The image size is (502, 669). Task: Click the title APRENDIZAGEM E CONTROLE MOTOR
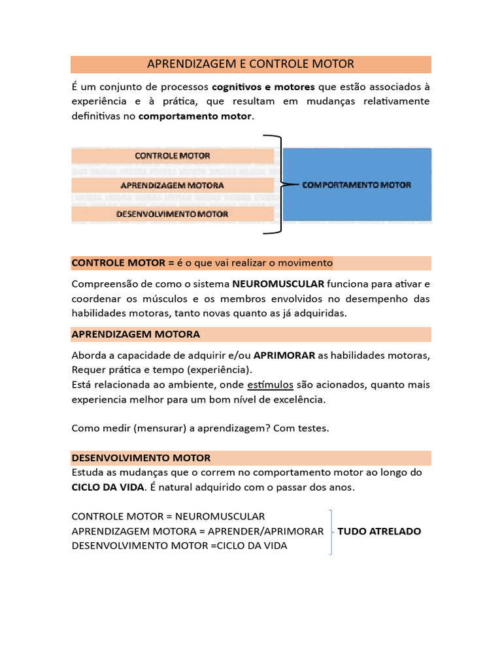coord(250,64)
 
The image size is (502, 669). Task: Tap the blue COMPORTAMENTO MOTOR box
coord(356,185)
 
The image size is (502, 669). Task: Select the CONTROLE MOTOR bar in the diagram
coord(173,155)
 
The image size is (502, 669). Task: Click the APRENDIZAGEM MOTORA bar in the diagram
coord(173,185)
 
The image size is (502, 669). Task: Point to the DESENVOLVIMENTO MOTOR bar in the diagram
coord(173,214)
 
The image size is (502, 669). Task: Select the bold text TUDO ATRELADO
coord(379,531)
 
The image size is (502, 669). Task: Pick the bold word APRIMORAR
coord(284,355)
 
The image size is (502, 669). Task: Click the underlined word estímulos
coord(271,383)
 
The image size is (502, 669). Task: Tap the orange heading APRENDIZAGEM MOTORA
coord(135,334)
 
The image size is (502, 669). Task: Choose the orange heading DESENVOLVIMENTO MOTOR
coord(141,457)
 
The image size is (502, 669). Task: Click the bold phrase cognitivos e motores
coord(263,87)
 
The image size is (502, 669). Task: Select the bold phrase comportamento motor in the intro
coord(195,116)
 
